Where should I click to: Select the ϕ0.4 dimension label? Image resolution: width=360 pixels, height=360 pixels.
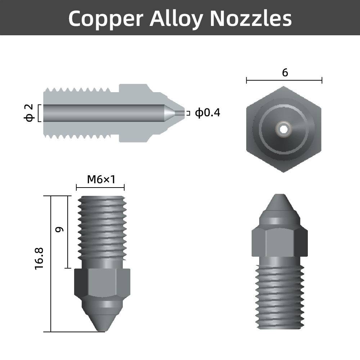point(207,113)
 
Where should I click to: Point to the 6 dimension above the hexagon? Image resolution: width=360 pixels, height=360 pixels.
point(285,73)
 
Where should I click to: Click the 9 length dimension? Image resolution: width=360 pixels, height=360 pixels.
point(60,229)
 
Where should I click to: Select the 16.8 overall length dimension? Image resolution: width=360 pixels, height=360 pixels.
point(39,258)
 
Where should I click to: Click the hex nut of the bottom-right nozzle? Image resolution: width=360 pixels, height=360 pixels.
point(279,242)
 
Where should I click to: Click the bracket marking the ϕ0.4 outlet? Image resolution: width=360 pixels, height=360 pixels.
point(188,113)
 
